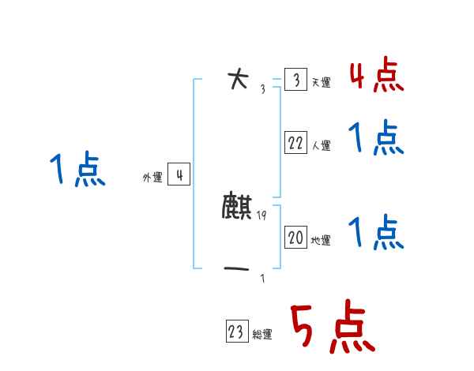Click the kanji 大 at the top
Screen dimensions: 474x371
pos(237,79)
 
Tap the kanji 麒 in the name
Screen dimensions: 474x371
pos(237,207)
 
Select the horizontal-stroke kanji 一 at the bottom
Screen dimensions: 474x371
pos(237,271)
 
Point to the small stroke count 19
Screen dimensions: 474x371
pos(261,215)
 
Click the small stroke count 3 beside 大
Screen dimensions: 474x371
pos(262,88)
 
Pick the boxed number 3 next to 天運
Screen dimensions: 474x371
pos(295,81)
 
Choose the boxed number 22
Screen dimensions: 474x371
pos(295,143)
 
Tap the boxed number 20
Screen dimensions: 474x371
pos(295,237)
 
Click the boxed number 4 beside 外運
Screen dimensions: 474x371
pos(179,175)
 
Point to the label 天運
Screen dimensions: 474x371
pos(321,83)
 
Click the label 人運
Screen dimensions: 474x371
pos(321,145)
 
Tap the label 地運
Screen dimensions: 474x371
pos(321,240)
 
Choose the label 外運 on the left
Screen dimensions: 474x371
pos(152,178)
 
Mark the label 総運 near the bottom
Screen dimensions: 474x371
pos(262,335)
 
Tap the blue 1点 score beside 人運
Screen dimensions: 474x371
pos(376,139)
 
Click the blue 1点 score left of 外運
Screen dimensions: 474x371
pos(77,171)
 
